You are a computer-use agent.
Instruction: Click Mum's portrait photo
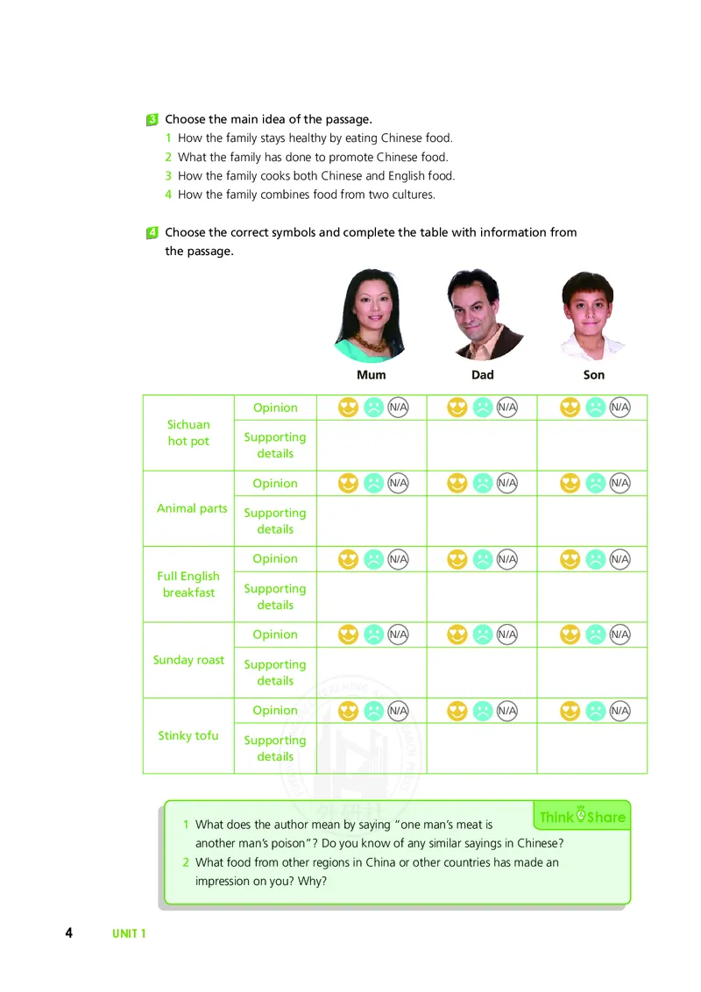click(x=372, y=315)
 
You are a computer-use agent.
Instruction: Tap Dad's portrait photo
click(x=483, y=315)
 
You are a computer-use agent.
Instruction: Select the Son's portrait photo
click(x=593, y=315)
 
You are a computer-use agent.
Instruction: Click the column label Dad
click(x=483, y=375)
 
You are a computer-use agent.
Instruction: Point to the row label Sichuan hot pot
click(x=188, y=433)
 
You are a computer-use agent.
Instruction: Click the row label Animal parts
click(x=192, y=508)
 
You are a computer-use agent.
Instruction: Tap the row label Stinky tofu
click(x=188, y=735)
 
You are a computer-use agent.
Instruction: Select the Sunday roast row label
click(x=188, y=660)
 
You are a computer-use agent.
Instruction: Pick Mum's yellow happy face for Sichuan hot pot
click(x=349, y=407)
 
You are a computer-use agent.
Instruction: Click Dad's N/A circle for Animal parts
click(x=506, y=483)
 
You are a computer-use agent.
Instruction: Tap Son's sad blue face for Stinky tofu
click(x=595, y=710)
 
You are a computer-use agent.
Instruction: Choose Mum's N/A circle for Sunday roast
click(x=399, y=634)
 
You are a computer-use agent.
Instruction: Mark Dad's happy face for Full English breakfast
click(x=457, y=559)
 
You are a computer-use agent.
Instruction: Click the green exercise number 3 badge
click(x=152, y=119)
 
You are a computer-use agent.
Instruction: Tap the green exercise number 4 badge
click(x=152, y=232)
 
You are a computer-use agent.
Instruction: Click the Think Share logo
click(x=582, y=817)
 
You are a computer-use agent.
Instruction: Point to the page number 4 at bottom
click(x=68, y=932)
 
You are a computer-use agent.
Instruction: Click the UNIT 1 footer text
click(x=129, y=934)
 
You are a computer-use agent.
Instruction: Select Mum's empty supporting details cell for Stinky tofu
click(x=372, y=748)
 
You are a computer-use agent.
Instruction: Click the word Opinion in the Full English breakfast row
click(x=275, y=559)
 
